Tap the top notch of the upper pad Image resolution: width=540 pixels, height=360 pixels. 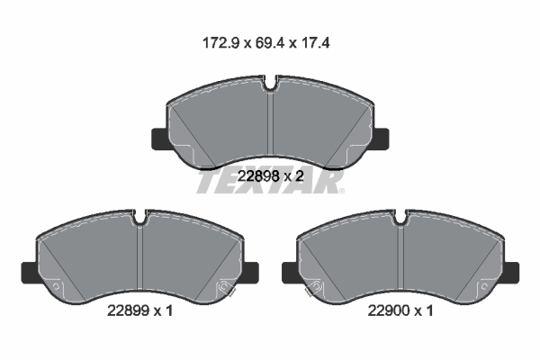(271, 87)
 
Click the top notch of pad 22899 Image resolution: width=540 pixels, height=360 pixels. (140, 217)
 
